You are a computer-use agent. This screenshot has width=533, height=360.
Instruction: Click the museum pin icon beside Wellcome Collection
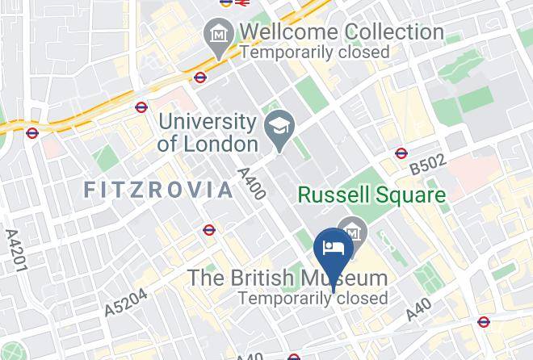click(x=218, y=36)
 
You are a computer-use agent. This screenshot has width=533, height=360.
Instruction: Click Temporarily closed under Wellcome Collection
click(x=314, y=52)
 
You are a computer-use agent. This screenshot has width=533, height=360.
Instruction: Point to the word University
click(x=208, y=122)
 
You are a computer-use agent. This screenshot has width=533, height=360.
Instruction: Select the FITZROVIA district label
click(x=159, y=190)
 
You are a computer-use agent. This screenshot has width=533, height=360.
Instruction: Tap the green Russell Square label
click(x=372, y=195)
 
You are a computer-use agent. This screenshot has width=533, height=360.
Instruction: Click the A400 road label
click(x=252, y=184)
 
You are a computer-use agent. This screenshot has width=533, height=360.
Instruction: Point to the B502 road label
click(x=427, y=165)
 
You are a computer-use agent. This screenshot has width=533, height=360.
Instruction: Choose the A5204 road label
click(x=126, y=303)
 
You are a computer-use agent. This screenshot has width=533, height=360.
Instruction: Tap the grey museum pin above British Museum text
click(x=353, y=232)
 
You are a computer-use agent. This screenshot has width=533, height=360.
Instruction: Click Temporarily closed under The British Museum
click(x=313, y=298)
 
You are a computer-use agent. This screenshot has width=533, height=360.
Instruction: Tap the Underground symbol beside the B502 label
click(x=401, y=153)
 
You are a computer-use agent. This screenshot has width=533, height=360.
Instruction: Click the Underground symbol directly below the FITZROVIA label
click(x=209, y=230)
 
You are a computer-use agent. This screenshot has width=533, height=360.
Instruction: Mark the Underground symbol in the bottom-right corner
click(x=483, y=322)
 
